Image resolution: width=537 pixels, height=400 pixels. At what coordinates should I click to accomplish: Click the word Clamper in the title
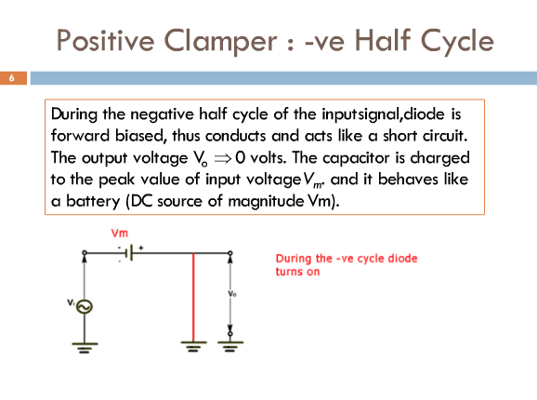[221, 42]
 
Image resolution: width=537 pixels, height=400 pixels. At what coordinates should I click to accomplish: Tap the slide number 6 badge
[13, 78]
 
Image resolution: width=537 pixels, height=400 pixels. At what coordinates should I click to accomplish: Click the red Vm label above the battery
[120, 233]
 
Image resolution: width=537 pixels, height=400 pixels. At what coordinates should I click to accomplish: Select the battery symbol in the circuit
[129, 254]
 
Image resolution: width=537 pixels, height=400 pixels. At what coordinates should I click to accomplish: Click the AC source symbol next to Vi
[85, 306]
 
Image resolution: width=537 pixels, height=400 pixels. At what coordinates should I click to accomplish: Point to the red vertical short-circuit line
[193, 297]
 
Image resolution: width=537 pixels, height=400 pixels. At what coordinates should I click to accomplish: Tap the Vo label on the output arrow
[232, 294]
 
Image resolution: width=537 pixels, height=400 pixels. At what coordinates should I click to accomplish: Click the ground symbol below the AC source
[85, 348]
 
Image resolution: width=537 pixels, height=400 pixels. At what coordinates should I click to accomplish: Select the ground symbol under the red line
[193, 346]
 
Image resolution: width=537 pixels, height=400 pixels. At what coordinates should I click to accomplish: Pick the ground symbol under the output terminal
[230, 347]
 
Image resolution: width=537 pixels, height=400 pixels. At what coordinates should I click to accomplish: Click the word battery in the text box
[93, 201]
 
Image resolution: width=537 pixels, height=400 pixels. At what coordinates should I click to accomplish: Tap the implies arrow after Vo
[223, 158]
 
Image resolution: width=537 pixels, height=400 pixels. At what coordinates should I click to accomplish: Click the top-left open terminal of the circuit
[85, 253]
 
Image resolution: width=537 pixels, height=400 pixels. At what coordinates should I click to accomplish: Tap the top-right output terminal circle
[230, 253]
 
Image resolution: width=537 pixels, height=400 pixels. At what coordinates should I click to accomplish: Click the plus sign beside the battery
[141, 247]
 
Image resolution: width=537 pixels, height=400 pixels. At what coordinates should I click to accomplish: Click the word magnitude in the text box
[266, 201]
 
